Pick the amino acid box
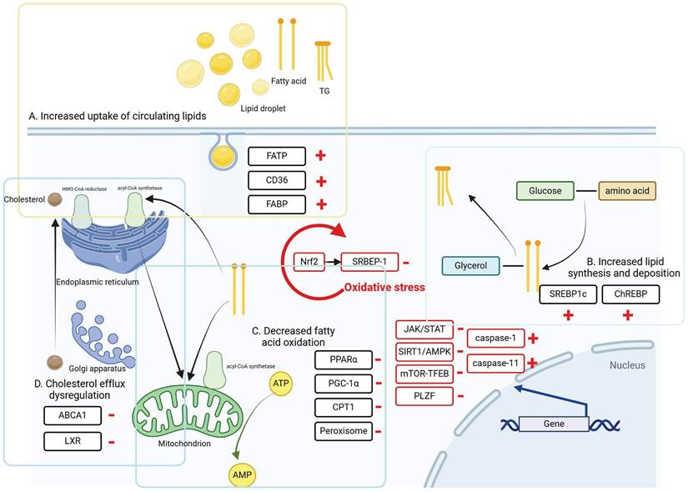(627, 192)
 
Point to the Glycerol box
(471, 267)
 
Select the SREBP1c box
(568, 294)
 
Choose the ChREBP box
(630, 294)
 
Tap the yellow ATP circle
(281, 384)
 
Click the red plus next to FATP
(319, 156)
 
